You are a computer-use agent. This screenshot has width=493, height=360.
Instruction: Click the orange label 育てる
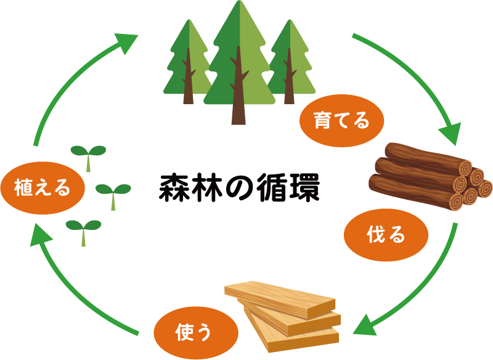tap(342, 120)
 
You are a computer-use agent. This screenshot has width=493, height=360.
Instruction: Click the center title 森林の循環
tap(240, 189)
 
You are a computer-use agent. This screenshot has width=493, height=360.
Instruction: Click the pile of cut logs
tap(428, 176)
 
